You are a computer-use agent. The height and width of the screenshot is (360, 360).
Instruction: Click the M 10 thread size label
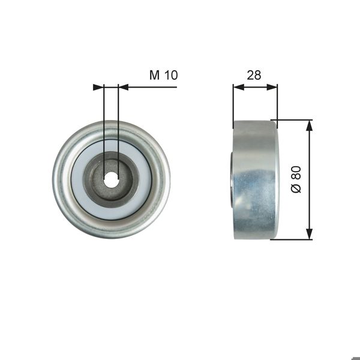click(x=164, y=75)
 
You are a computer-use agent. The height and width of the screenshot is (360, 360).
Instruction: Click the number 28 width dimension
click(x=254, y=75)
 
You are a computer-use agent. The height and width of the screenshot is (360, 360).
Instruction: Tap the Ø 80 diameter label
click(x=295, y=179)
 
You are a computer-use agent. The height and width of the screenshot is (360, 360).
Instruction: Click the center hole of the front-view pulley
click(x=111, y=178)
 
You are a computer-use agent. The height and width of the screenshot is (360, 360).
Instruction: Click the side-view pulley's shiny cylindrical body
click(x=255, y=180)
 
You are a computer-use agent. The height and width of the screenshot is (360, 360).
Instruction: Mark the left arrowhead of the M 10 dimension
click(x=98, y=88)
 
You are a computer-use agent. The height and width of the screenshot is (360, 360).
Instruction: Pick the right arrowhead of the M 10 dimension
click(x=124, y=88)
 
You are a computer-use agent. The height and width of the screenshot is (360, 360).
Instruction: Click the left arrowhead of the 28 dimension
click(x=238, y=88)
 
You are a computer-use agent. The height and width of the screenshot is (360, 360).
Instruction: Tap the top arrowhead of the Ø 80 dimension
click(x=310, y=125)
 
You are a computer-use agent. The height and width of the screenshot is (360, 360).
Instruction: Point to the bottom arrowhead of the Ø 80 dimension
click(x=310, y=234)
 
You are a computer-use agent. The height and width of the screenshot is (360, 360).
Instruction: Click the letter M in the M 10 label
click(x=154, y=75)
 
